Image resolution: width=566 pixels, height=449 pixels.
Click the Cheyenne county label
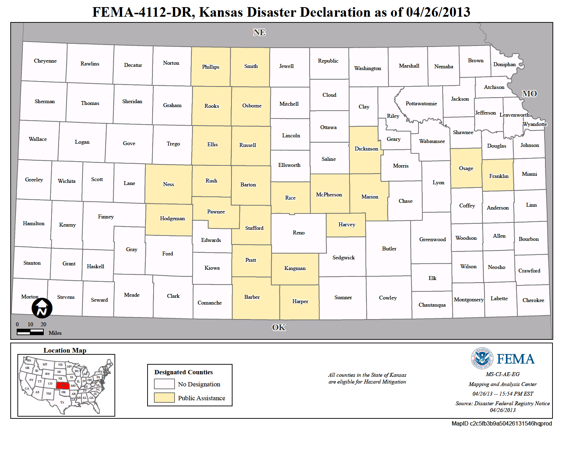[45, 61]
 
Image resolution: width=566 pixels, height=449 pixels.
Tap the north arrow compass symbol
[42, 308]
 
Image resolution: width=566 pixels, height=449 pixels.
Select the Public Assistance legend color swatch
[164, 397]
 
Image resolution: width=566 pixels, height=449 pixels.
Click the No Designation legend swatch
[164, 384]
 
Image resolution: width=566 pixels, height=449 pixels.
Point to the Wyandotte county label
[535, 124]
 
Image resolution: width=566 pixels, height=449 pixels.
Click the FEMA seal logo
[482, 358]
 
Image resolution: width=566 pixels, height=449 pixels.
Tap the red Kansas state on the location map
[63, 385]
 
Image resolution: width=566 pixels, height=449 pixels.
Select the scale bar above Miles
[30, 332]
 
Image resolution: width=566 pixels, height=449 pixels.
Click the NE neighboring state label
[259, 32]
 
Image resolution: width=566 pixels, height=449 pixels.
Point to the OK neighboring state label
[279, 327]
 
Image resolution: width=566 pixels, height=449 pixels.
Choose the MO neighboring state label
[529, 94]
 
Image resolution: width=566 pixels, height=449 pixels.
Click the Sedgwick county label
[343, 258]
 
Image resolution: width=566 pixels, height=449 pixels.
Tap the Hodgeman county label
[172, 218]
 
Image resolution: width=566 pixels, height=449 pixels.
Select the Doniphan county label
[504, 64]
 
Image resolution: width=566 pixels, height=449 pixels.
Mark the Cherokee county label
[533, 300]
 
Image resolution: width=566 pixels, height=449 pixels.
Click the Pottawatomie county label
[421, 104]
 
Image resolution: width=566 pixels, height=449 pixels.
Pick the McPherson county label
[329, 195]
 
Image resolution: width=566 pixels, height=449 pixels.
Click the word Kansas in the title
[221, 12]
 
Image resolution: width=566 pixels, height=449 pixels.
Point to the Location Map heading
[65, 350]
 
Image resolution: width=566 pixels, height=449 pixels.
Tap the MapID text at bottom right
[502, 423]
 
